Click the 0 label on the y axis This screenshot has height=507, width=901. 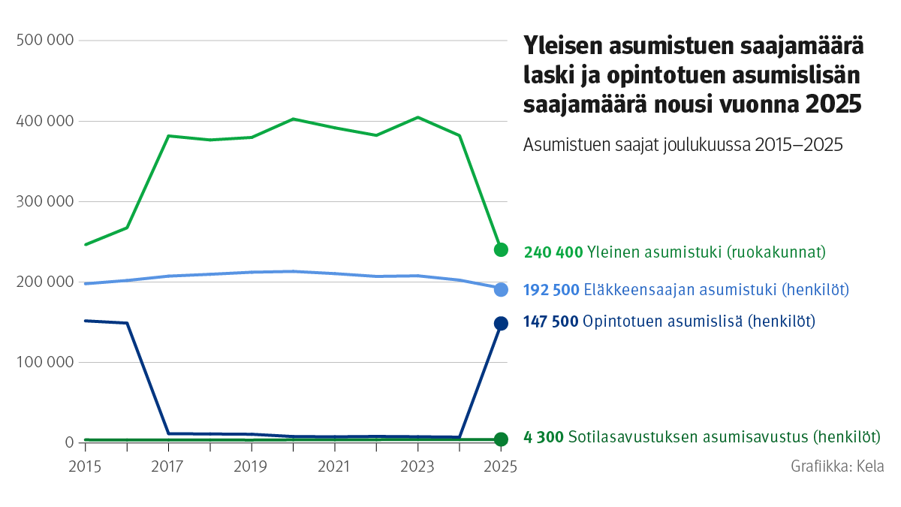pyautogui.click(x=67, y=442)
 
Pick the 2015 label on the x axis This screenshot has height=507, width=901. pyautogui.click(x=85, y=466)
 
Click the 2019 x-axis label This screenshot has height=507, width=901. pyautogui.click(x=251, y=466)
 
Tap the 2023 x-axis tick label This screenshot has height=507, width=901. pyautogui.click(x=417, y=466)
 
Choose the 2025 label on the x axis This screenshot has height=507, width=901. pyautogui.click(x=500, y=466)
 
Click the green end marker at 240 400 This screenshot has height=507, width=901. pyautogui.click(x=501, y=249)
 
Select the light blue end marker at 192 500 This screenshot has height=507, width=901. pyautogui.click(x=501, y=289)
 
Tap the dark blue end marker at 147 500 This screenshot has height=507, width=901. pyautogui.click(x=501, y=323)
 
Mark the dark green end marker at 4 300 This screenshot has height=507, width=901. pyautogui.click(x=501, y=439)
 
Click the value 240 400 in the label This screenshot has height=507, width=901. pyautogui.click(x=553, y=252)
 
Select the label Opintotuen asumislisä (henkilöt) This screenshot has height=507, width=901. pyautogui.click(x=699, y=321)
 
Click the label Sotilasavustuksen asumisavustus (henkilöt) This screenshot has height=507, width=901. pyautogui.click(x=724, y=437)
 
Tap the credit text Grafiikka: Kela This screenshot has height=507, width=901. pyautogui.click(x=837, y=466)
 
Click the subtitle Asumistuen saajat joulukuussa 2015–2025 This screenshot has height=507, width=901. pyautogui.click(x=683, y=144)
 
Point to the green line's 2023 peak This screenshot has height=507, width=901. pyautogui.click(x=417, y=117)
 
